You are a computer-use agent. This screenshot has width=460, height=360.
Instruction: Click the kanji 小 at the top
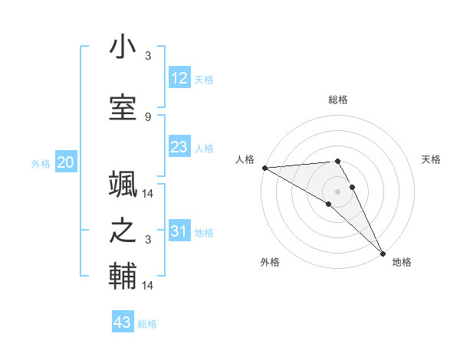123,47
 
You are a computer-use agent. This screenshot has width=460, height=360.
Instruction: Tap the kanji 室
123,109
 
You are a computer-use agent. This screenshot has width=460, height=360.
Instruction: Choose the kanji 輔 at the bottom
123,277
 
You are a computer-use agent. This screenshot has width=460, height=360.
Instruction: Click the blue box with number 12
179,78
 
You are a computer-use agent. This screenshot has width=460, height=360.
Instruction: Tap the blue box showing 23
179,147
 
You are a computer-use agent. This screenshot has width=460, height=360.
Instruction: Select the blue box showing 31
179,231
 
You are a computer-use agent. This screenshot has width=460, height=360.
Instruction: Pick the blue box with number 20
66,162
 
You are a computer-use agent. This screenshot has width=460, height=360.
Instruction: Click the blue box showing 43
123,322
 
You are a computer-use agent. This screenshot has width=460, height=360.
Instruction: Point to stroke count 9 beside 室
148,116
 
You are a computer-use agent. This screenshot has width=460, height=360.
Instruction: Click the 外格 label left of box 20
41,163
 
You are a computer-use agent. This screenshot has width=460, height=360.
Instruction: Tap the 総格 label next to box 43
147,324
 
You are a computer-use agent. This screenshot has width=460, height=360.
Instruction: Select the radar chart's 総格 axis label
338,100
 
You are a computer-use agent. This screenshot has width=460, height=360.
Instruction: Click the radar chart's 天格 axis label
432,159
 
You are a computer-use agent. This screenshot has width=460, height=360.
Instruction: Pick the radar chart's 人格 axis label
245,159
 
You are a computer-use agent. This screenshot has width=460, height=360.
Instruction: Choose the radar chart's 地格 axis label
402,262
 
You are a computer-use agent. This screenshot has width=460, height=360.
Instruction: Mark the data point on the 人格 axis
264,167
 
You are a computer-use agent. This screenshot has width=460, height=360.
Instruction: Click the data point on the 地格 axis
383,253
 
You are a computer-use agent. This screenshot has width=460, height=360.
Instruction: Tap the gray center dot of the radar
338,191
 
